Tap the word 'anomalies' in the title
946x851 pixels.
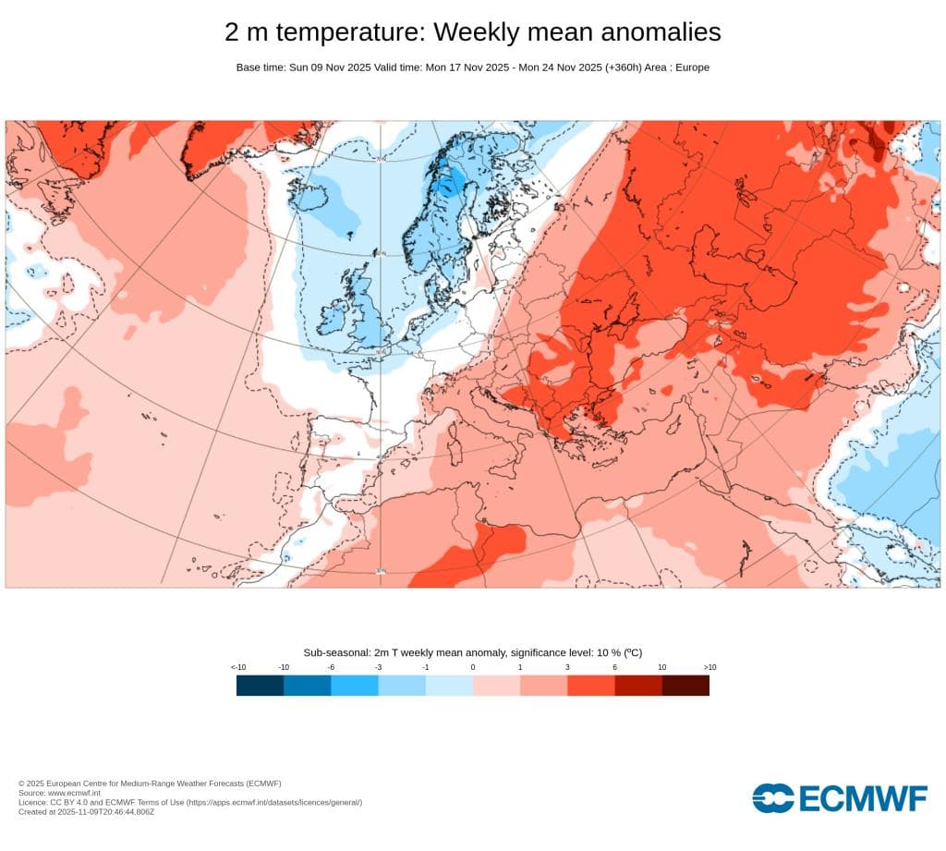coord(661,32)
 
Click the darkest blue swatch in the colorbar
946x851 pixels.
coord(260,685)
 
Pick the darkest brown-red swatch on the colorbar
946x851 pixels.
coord(685,685)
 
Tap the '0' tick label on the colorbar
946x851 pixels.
coord(473,667)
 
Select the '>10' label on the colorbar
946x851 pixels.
coord(709,667)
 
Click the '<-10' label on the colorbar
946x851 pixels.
coord(237,667)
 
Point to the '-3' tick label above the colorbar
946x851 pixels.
coord(378,667)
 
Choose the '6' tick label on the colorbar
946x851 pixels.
coord(614,667)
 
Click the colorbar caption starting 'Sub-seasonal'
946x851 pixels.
coord(472,652)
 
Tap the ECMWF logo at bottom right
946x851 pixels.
coord(839,797)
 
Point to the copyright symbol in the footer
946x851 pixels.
coord(21,784)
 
